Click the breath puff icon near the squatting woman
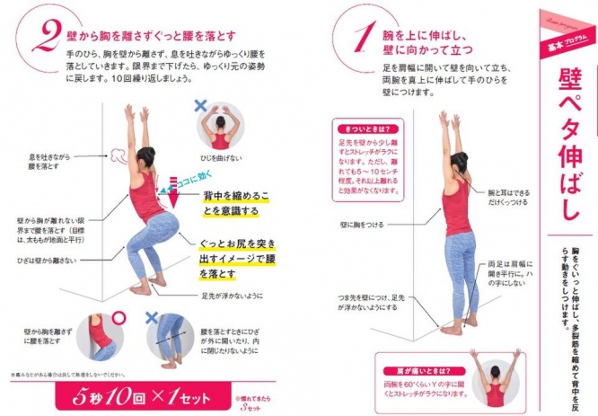click(x=117, y=162)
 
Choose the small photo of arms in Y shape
click(x=495, y=376)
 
